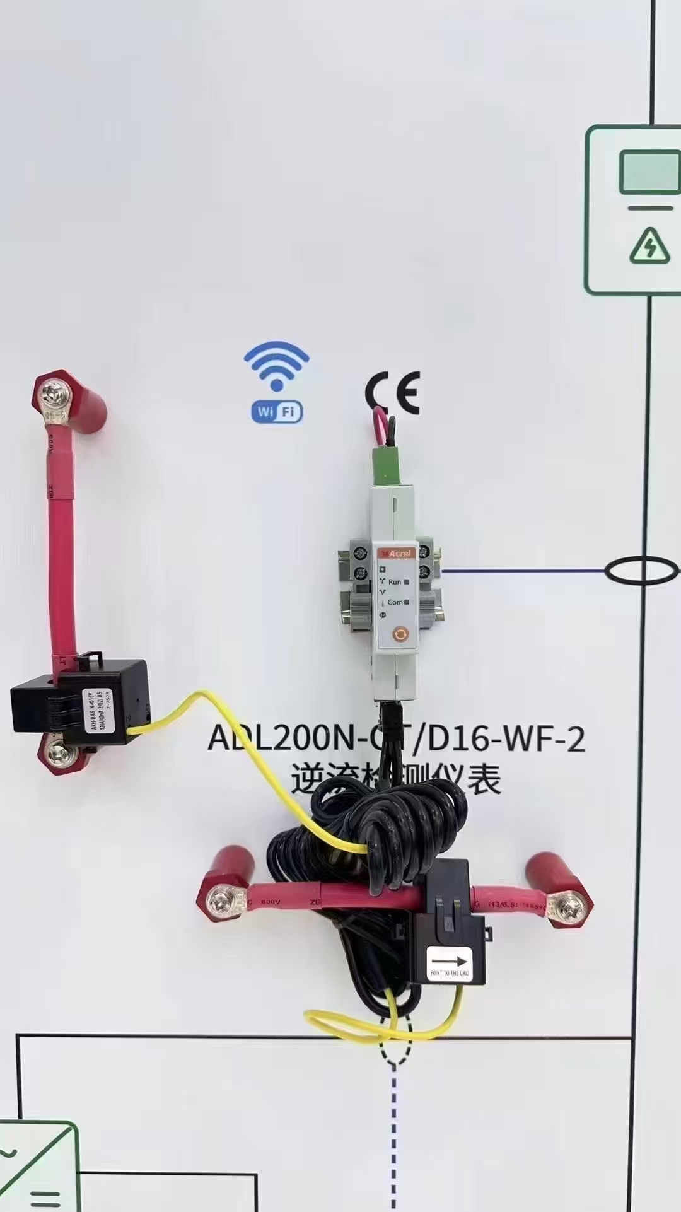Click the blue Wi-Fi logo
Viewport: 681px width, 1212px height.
[x=277, y=382]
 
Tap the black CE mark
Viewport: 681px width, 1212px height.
[x=392, y=393]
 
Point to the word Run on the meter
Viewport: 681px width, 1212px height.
[x=395, y=581]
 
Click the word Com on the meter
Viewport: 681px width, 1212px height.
[x=395, y=602]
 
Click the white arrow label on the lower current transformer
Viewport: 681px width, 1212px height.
[x=450, y=963]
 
